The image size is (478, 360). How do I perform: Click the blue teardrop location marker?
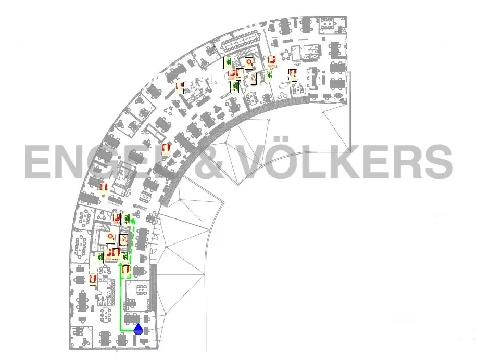tap(139, 329)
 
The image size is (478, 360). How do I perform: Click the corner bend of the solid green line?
tap(121, 330)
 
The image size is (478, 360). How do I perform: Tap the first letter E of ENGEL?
tap(38, 162)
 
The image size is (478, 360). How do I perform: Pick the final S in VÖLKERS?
tap(437, 162)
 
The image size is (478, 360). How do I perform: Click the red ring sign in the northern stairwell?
tap(249, 63)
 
